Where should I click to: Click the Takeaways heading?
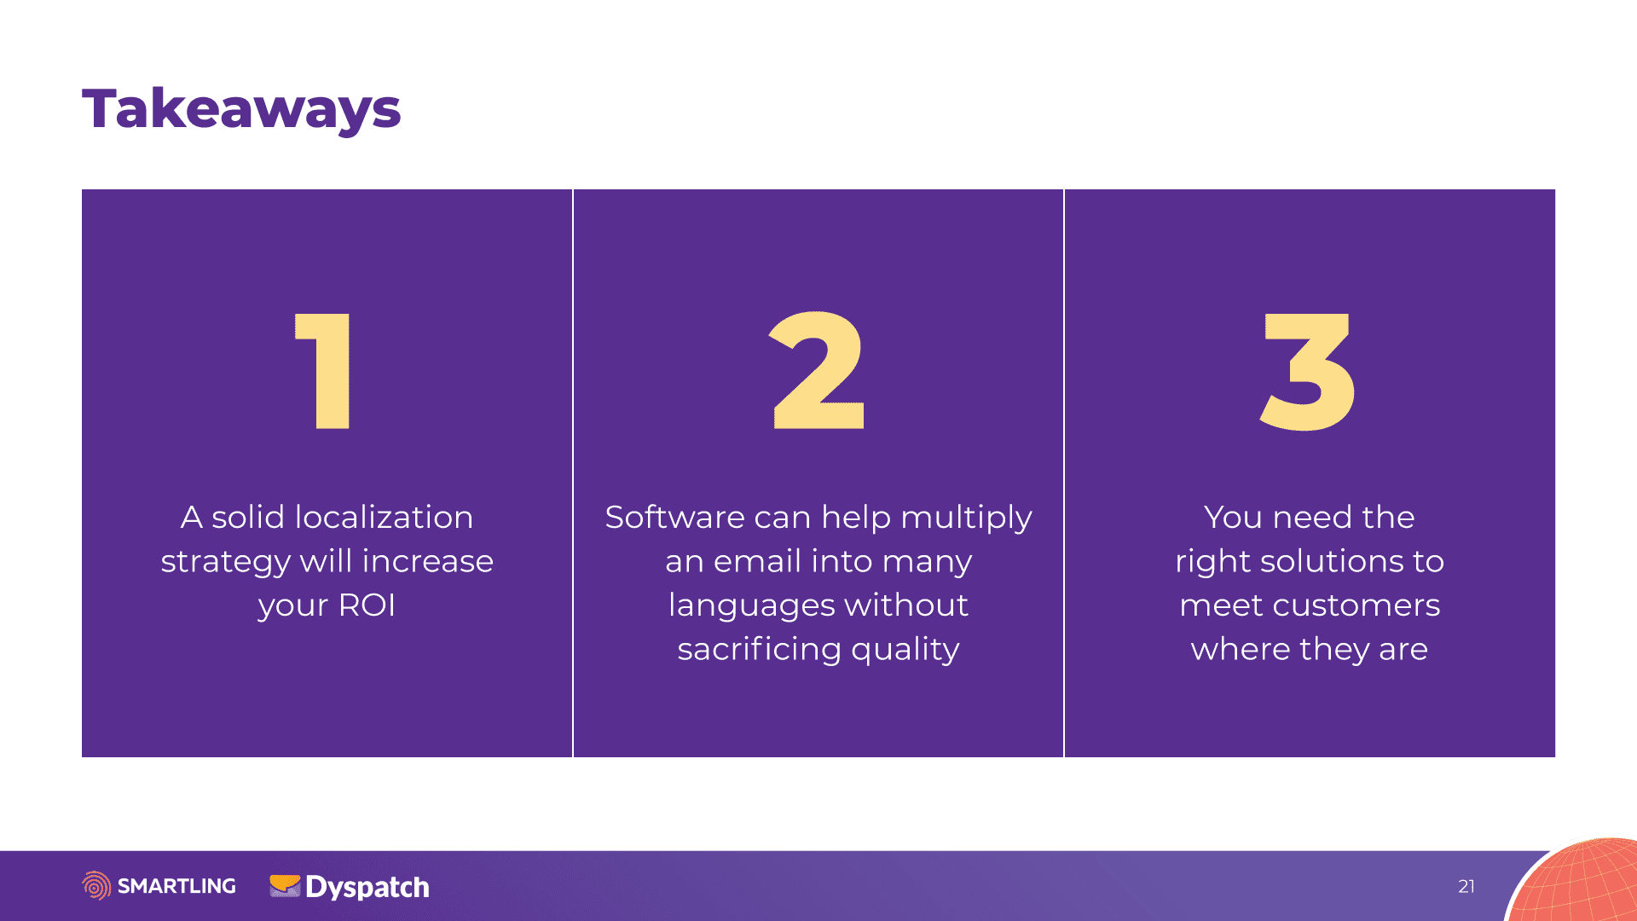[241, 110]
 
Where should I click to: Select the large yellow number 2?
[818, 370]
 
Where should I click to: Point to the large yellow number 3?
[1308, 372]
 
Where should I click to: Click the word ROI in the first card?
[367, 605]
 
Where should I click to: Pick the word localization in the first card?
[385, 517]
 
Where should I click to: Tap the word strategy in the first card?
[226, 563]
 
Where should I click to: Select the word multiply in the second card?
[967, 518]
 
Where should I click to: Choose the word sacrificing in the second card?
[759, 650]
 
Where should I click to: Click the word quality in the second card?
[905, 650]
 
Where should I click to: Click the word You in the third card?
[1233, 517]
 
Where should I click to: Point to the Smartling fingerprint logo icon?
[96, 886]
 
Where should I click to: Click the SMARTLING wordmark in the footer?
[176, 886]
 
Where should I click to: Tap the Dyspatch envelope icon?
[285, 886]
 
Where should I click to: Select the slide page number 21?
[1466, 886]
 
